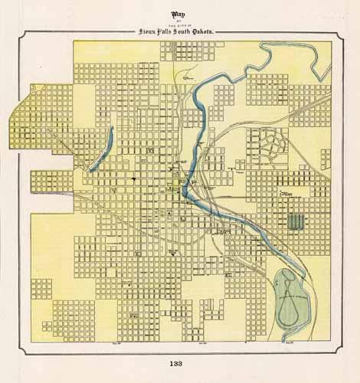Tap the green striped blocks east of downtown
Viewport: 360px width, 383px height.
[x=295, y=222]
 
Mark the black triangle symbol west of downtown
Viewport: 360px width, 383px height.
[x=133, y=178]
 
